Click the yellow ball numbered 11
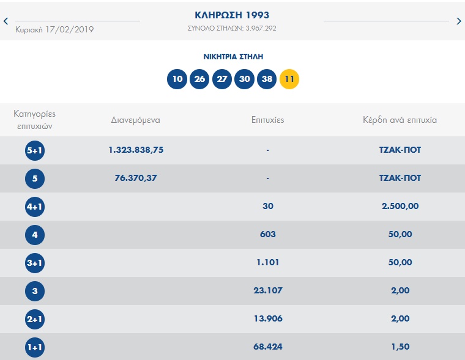289,79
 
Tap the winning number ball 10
177,79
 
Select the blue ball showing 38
267,79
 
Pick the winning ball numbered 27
222,79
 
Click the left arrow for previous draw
6,21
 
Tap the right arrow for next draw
459,21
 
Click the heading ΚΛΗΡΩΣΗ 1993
232,15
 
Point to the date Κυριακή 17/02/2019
54,29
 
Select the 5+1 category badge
35,150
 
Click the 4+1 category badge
35,207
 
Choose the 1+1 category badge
35,347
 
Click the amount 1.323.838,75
136,150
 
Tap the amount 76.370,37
136,178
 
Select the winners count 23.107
268,291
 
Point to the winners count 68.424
268,347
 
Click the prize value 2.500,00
400,207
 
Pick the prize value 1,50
400,347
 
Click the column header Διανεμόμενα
136,120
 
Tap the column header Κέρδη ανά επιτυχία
400,120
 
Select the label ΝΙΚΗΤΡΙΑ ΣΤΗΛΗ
233,56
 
